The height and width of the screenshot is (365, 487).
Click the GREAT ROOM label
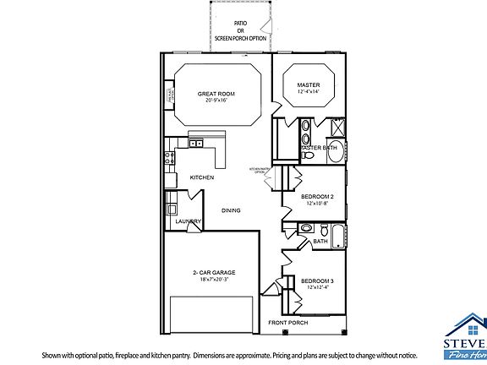pyautogui.click(x=216, y=94)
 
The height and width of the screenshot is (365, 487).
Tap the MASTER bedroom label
pyautogui.click(x=307, y=85)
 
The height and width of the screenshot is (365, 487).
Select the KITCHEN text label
pyautogui.click(x=201, y=177)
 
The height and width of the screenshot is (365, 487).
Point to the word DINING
pyautogui.click(x=231, y=210)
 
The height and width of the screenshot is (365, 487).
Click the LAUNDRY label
pyautogui.click(x=188, y=222)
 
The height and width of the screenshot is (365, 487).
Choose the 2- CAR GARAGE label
pyautogui.click(x=213, y=272)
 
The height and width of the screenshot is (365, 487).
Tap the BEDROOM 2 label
pyautogui.click(x=318, y=197)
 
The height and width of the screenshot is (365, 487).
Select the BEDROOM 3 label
pyautogui.click(x=318, y=281)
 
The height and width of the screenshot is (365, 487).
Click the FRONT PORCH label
pyautogui.click(x=287, y=323)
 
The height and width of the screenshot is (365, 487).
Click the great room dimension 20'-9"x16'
pyautogui.click(x=216, y=101)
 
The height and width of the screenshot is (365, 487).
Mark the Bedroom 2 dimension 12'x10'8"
pyautogui.click(x=318, y=204)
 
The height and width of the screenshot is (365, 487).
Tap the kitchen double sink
pyautogui.click(x=197, y=144)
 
